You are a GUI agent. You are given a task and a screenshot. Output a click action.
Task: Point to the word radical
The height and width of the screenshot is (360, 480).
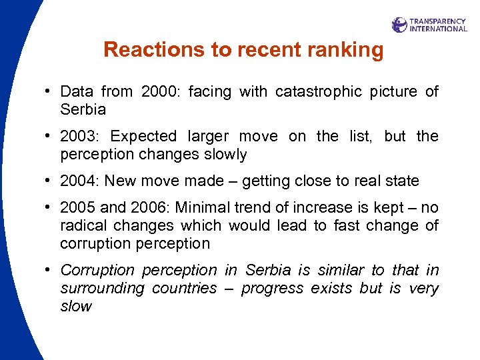pos(82,226)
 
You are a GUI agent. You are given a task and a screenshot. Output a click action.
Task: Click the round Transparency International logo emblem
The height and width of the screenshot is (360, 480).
pos(399,25)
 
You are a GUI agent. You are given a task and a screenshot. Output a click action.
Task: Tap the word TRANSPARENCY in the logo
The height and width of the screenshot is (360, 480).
pos(437,21)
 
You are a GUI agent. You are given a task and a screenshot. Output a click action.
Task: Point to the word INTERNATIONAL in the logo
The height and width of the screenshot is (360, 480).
pos(438,29)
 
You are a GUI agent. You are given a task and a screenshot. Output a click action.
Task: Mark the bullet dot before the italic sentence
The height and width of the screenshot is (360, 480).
pos(51,271)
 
